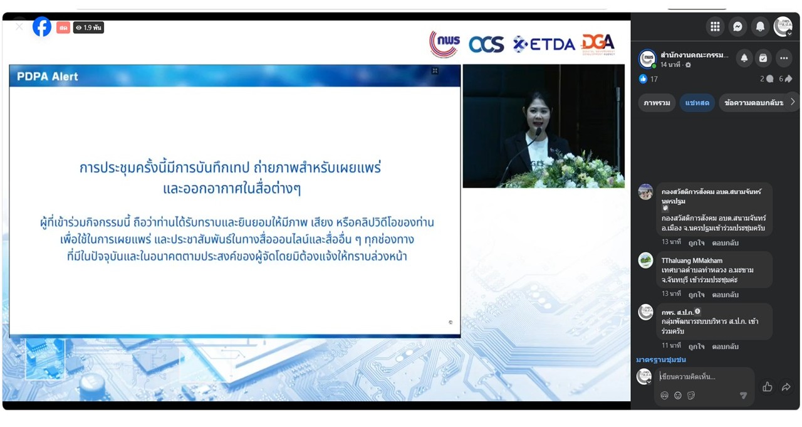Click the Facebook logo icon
click(x=42, y=27)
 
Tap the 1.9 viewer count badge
click(x=88, y=28)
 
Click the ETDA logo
click(x=544, y=44)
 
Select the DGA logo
click(x=598, y=43)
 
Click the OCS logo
click(x=486, y=44)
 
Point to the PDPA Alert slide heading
click(x=48, y=76)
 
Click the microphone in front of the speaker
click(x=537, y=132)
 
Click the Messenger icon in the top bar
click(x=738, y=26)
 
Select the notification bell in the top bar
click(x=760, y=26)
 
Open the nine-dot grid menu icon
click(x=715, y=26)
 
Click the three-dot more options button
click(x=784, y=58)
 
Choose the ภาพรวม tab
click(x=657, y=103)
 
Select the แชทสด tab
click(x=697, y=103)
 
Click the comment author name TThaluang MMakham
click(x=692, y=260)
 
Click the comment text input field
click(x=705, y=377)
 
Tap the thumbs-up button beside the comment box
click(x=767, y=387)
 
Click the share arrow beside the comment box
click(x=786, y=387)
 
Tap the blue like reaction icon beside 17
click(x=643, y=79)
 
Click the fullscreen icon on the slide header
click(x=435, y=71)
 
